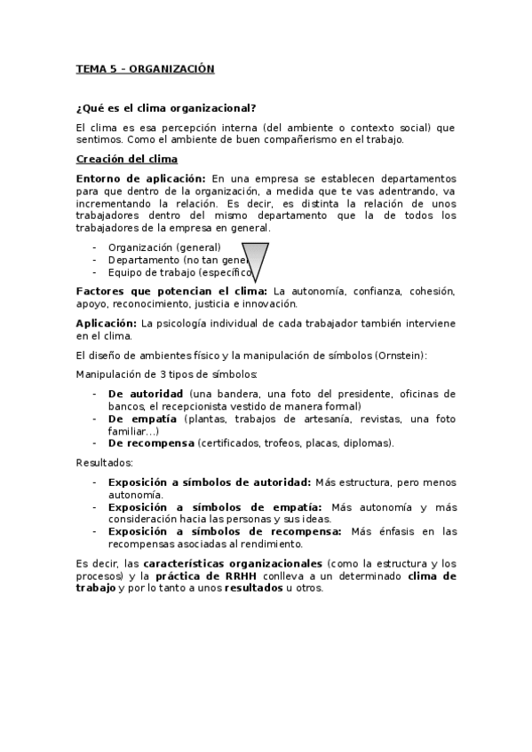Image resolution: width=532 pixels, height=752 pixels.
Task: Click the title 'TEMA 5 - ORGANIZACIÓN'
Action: point(146,68)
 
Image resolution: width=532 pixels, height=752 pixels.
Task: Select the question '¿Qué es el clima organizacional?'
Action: point(166,108)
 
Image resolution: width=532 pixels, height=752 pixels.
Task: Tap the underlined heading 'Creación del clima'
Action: point(127,159)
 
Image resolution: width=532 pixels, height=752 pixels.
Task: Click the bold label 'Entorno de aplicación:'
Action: point(141,178)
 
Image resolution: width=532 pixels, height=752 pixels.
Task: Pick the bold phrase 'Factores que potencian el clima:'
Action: point(171,291)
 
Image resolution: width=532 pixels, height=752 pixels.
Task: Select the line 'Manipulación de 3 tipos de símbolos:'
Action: point(167,374)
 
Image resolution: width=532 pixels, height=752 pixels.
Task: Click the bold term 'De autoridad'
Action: point(146,393)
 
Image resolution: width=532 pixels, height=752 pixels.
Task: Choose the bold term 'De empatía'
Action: point(141,419)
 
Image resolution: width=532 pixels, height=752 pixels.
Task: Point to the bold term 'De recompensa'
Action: point(150,443)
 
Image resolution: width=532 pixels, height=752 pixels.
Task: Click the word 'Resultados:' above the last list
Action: point(104,462)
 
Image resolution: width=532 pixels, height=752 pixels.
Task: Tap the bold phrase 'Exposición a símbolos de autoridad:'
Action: point(209,482)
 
